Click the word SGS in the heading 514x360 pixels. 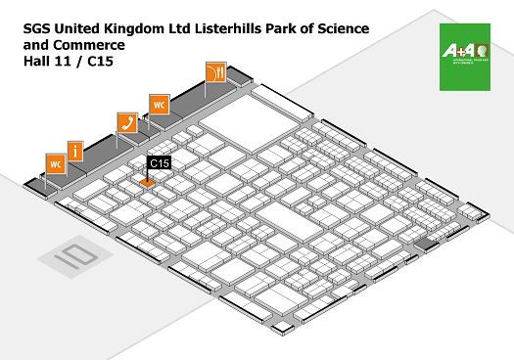38,28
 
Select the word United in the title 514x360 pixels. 82,28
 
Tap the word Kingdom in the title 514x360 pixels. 143,28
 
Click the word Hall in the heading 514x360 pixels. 38,62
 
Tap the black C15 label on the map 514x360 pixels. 159,163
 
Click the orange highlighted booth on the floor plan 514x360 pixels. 146,182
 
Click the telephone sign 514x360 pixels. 127,122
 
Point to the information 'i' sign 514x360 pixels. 75,152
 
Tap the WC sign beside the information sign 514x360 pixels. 55,163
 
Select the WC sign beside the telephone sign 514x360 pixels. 158,106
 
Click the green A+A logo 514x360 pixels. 464,57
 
